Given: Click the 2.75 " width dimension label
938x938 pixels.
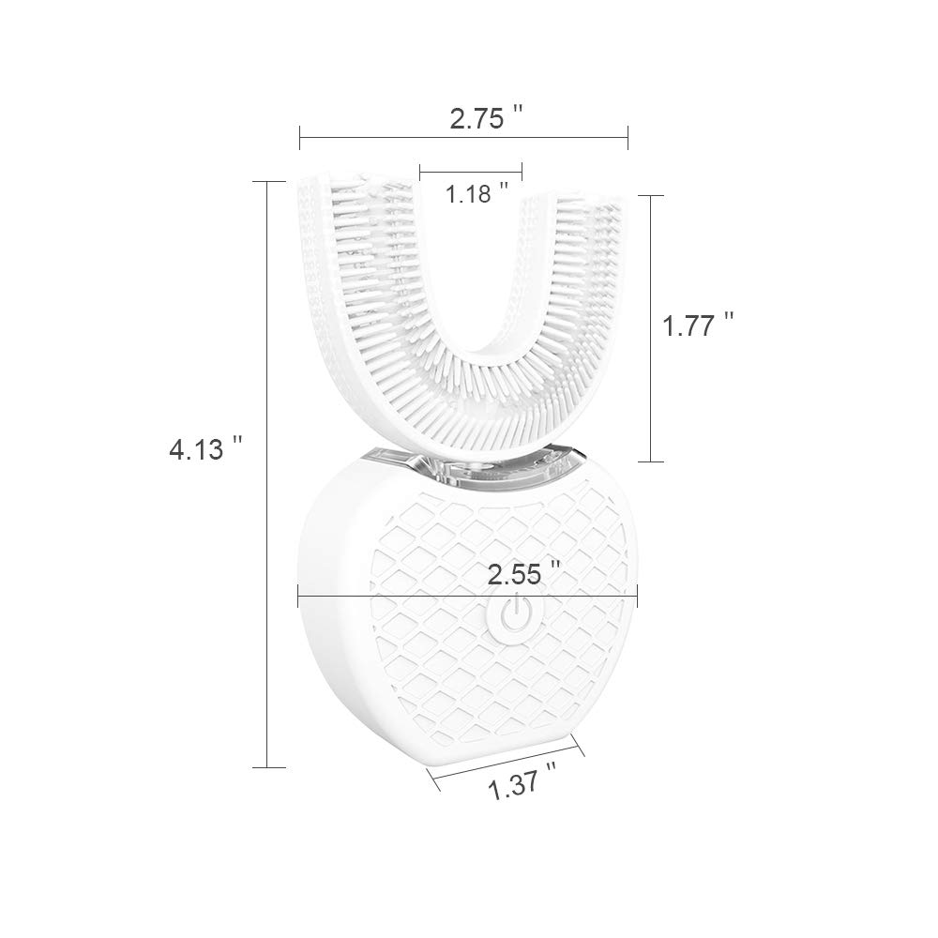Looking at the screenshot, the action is pyautogui.click(x=486, y=118).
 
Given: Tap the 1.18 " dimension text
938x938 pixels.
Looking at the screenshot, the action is pyautogui.click(x=477, y=193).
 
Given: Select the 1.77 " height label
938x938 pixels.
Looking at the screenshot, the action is pyautogui.click(x=698, y=326).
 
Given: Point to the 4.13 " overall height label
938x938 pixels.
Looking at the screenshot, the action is pyautogui.click(x=205, y=448).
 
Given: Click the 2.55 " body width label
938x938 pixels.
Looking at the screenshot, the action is pyautogui.click(x=524, y=574).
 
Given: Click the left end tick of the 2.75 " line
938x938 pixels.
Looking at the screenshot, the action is pyautogui.click(x=300, y=138).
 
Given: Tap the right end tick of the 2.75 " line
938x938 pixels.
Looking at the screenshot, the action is pyautogui.click(x=628, y=138).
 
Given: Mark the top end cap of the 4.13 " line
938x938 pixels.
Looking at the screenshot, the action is pyautogui.click(x=268, y=181).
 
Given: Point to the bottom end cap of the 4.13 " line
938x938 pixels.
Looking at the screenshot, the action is pyautogui.click(x=268, y=767).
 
